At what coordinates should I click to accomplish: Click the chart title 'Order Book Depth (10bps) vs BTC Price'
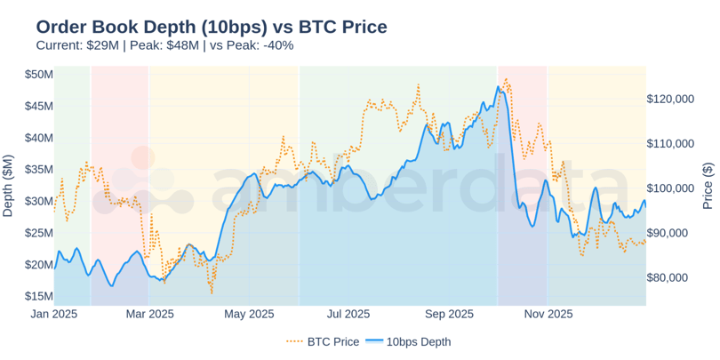click(212, 27)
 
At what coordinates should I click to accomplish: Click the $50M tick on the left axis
click(39, 74)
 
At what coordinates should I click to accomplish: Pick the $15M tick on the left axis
click(39, 296)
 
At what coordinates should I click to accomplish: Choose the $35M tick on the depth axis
click(39, 169)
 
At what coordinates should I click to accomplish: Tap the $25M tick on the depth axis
click(39, 233)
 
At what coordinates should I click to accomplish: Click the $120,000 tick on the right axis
click(670, 99)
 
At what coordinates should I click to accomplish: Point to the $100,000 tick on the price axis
click(670, 188)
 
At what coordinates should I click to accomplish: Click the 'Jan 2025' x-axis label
click(54, 314)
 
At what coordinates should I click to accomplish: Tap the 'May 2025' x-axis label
click(249, 314)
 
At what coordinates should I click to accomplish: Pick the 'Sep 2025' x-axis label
click(449, 314)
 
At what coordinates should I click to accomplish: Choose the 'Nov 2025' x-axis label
click(548, 314)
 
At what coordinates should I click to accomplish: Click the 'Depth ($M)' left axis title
click(9, 185)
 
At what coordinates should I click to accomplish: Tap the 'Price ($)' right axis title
click(708, 185)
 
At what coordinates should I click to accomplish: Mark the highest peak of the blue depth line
click(499, 86)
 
